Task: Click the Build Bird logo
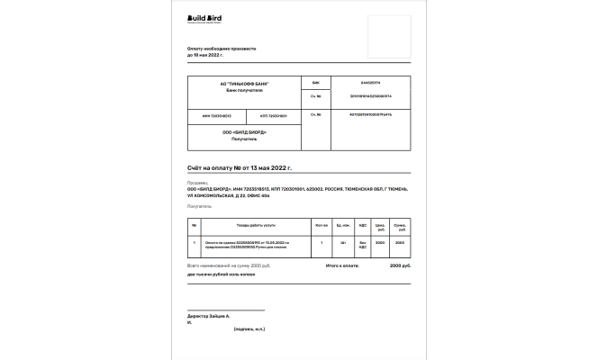point(204,18)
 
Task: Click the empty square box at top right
point(389,33)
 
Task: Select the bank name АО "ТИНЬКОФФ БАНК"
point(244,84)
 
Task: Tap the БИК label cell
point(314,82)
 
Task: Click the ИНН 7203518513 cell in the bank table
point(210,116)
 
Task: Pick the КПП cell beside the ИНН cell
point(273,116)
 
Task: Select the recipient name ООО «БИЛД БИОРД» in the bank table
point(244,132)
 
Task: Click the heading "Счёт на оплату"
point(240,168)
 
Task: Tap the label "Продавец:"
point(197,182)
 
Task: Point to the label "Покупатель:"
point(200,206)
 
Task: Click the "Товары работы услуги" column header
point(256,224)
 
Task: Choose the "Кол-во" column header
point(322,224)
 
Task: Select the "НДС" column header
point(361,224)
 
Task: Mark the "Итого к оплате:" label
point(343,265)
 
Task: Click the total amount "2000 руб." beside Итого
point(400,265)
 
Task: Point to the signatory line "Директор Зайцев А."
point(209,317)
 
